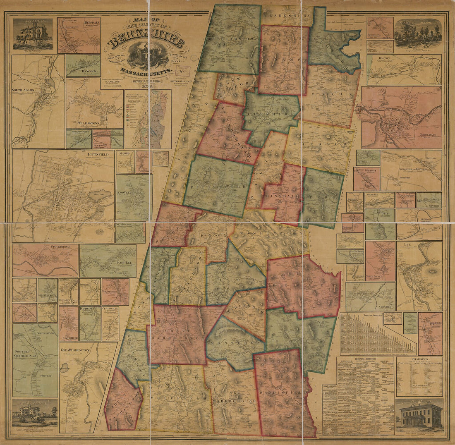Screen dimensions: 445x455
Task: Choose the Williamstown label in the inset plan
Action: click(x=89, y=123)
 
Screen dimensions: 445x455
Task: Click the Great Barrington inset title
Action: click(x=75, y=350)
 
